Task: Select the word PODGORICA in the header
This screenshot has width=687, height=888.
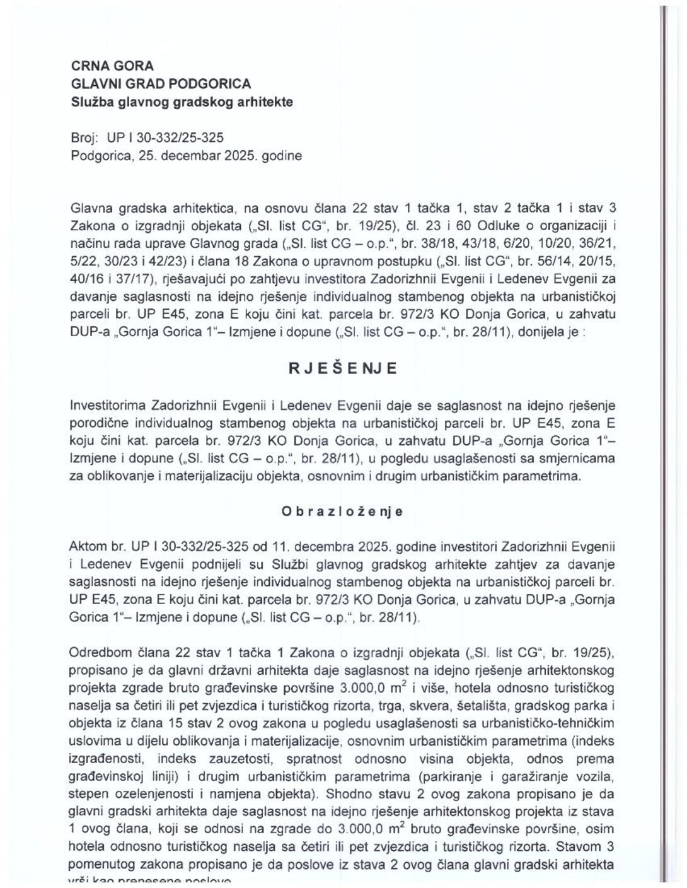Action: point(217,83)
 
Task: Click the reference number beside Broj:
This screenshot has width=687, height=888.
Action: point(166,137)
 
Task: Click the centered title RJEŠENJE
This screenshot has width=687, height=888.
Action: point(343,370)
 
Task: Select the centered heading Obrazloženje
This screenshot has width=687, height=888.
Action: point(342,511)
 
